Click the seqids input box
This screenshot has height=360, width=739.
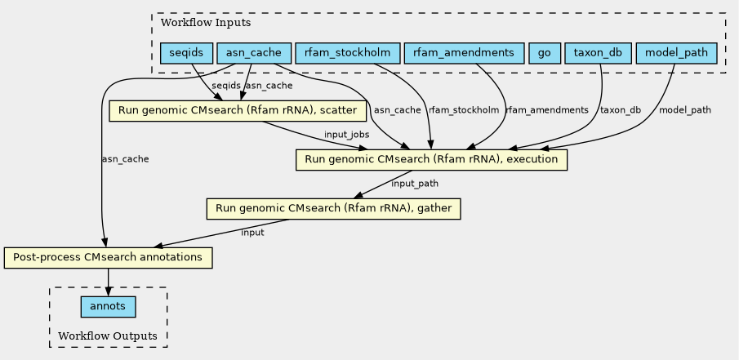tap(187, 53)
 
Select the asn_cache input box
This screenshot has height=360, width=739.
tap(254, 53)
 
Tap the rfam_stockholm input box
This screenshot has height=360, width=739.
tap(347, 53)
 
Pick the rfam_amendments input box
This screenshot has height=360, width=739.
tap(464, 53)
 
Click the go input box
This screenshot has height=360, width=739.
tap(545, 53)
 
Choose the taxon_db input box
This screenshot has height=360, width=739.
tap(598, 53)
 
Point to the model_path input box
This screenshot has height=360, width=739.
tap(676, 53)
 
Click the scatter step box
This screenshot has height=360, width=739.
tap(238, 111)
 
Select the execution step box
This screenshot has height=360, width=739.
tap(431, 160)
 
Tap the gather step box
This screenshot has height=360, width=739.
tap(333, 209)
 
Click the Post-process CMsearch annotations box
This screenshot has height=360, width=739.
tap(108, 258)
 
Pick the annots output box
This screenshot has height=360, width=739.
tap(108, 307)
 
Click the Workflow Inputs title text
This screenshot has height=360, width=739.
tap(206, 23)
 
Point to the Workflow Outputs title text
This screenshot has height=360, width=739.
tap(108, 336)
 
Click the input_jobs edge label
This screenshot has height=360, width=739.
tap(346, 135)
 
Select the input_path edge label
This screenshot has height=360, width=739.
tap(415, 184)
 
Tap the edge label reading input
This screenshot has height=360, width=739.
tap(252, 233)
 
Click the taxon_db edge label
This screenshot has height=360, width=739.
tap(621, 110)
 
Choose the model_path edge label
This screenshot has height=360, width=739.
tap(685, 110)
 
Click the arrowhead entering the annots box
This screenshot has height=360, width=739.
tap(108, 292)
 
